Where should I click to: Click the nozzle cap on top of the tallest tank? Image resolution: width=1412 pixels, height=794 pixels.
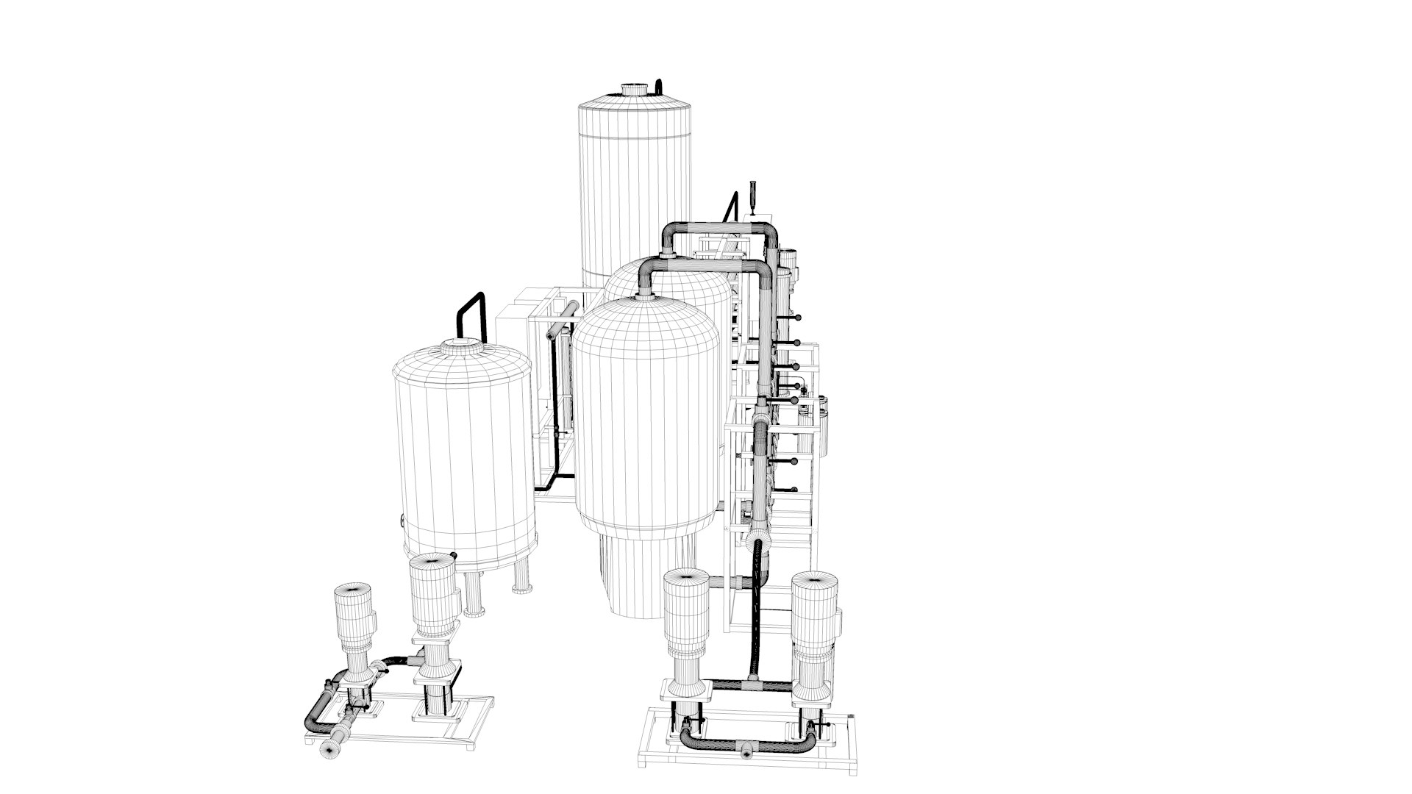point(635,89)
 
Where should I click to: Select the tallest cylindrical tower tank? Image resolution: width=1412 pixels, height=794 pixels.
point(635,191)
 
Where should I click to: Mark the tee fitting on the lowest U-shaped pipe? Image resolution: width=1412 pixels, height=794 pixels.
point(746,752)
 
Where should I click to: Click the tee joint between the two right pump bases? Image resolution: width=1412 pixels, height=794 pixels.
point(749,686)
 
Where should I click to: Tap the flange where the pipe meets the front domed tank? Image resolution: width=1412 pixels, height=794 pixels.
point(645,297)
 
